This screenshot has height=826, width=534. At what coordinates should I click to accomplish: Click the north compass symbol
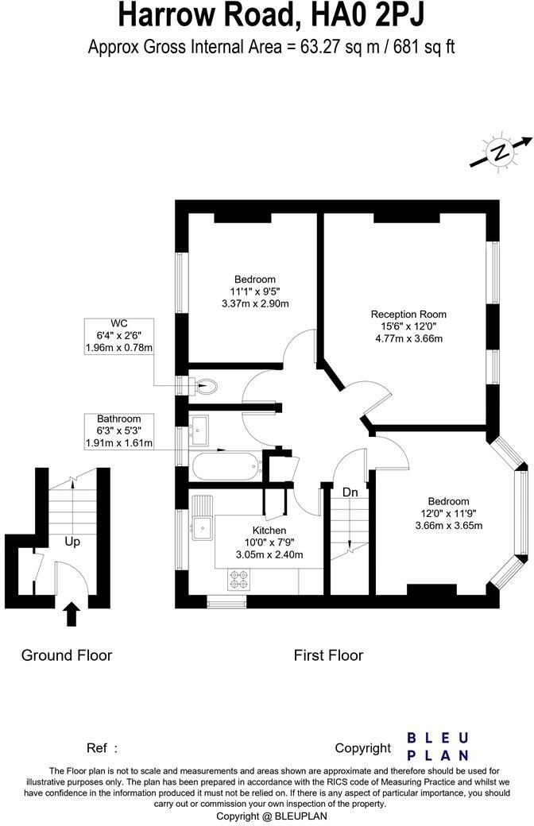500,151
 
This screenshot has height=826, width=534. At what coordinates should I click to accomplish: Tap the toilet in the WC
207,387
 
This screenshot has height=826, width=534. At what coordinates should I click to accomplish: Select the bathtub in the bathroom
225,465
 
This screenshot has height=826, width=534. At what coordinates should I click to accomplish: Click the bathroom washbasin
198,428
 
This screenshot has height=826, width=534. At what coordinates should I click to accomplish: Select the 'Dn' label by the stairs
350,492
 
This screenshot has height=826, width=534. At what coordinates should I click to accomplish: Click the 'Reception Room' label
408,314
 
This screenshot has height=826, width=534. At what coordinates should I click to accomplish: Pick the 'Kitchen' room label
269,531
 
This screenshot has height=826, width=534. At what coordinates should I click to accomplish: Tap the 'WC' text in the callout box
119,323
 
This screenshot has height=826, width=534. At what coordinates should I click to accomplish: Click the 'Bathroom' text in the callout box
118,419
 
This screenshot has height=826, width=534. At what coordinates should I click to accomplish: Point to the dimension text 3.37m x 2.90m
254,303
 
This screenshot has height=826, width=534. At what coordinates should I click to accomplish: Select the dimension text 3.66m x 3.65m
449,525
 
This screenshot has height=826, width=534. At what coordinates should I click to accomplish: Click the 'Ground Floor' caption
67,655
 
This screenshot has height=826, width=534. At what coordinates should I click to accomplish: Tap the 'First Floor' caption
328,655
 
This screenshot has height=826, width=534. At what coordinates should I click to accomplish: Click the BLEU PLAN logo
438,746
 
